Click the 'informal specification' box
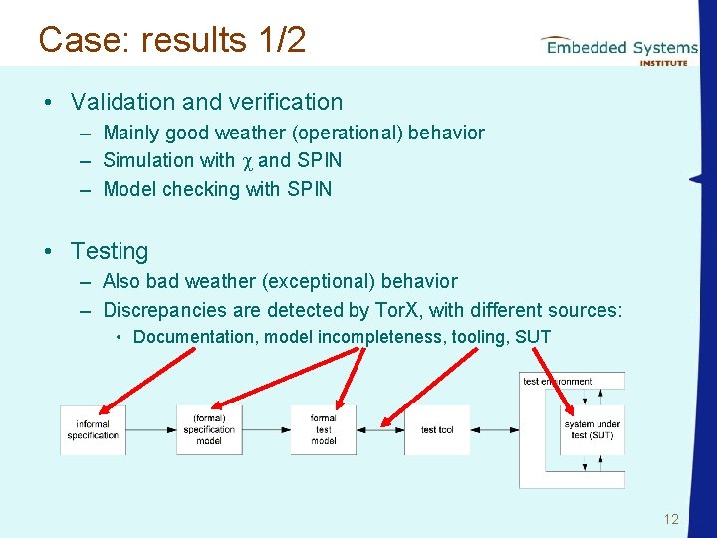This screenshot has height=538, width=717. [93, 430]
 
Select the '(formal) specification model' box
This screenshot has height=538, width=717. [209, 430]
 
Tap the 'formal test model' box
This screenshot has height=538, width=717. [323, 430]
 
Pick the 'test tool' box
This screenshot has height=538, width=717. [437, 430]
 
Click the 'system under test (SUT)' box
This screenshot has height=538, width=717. [593, 430]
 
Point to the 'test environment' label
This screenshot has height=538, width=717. [558, 381]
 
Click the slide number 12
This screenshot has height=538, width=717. [670, 519]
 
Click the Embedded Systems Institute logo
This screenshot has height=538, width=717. [618, 49]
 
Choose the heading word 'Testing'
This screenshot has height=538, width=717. [109, 251]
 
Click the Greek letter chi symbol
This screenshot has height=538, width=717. [246, 161]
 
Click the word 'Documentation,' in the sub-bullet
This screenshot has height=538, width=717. [195, 337]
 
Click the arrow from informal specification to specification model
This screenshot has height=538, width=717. [150, 430]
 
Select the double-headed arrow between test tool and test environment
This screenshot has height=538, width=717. [494, 430]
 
